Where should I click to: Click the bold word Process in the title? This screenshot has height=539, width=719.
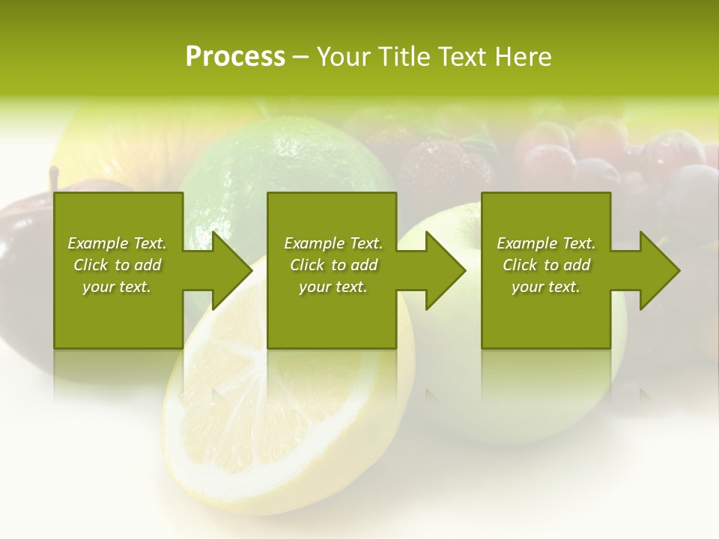tap(235, 57)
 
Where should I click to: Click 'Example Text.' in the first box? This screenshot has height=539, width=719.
tap(117, 243)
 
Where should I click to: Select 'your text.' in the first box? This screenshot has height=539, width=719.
tap(117, 287)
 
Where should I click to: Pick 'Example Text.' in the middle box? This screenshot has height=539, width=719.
tap(333, 243)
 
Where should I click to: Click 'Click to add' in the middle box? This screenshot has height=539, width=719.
tap(333, 265)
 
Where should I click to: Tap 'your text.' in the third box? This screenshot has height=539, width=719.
tap(546, 287)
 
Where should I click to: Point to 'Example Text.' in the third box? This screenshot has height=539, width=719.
tap(546, 243)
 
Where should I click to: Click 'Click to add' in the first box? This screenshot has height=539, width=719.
tap(117, 265)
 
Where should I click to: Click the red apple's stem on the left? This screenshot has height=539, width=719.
tap(54, 178)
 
